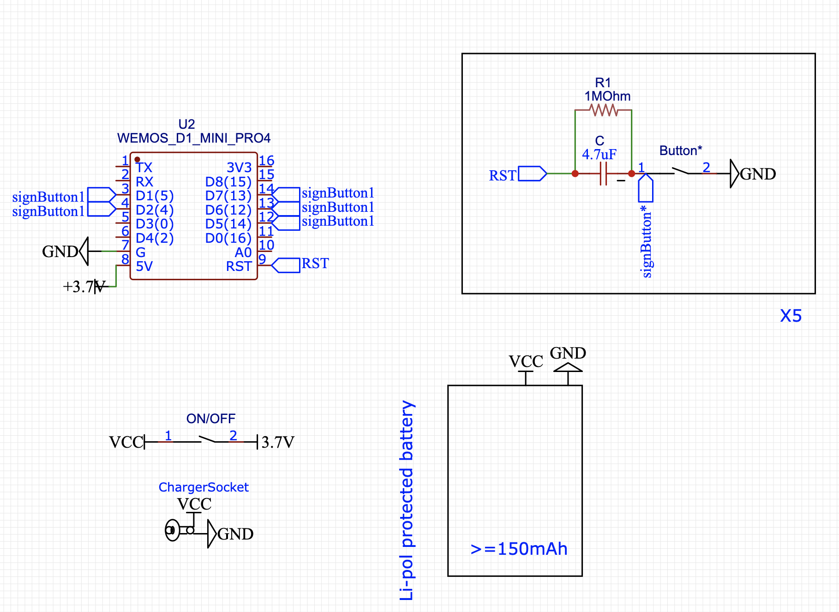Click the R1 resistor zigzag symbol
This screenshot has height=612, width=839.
click(x=604, y=110)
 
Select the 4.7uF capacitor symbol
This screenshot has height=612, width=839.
click(x=603, y=174)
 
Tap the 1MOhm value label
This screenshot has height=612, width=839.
click(x=607, y=96)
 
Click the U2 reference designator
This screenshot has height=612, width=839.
click(x=186, y=124)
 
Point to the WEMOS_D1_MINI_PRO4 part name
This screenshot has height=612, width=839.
click(x=194, y=138)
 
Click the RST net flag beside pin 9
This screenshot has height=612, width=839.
click(x=286, y=265)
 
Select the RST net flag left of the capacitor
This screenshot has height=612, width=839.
click(x=532, y=174)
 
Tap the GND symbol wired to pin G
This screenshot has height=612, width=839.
click(x=84, y=251)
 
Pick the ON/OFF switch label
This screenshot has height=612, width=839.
click(x=211, y=419)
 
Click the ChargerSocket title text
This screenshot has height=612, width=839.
click(x=204, y=487)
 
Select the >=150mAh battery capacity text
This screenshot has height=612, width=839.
click(x=519, y=549)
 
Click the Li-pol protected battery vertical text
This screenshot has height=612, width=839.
click(x=407, y=500)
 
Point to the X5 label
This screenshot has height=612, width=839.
click(x=791, y=316)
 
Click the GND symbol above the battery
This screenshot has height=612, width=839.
click(x=568, y=367)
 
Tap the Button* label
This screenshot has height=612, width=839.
click(x=681, y=150)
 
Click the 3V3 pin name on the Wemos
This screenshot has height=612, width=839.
click(x=239, y=168)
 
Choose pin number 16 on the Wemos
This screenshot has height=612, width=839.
click(x=266, y=161)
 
